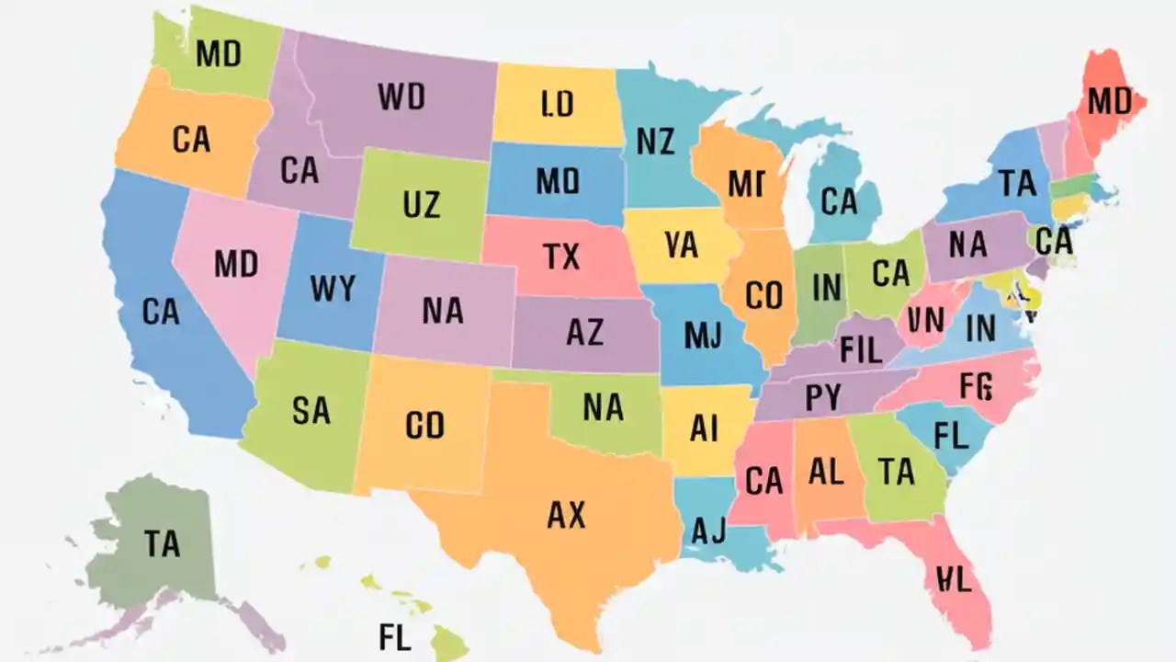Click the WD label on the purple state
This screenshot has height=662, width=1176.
[401, 96]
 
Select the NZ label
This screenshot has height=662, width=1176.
[655, 141]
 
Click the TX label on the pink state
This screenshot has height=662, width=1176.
[561, 257]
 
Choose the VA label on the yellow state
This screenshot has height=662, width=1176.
[681, 245]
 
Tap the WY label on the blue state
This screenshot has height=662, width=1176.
[332, 288]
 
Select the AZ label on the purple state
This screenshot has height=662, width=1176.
[584, 332]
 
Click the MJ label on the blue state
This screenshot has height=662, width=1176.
[703, 336]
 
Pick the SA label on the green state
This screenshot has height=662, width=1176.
[311, 410]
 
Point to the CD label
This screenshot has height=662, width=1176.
[424, 425]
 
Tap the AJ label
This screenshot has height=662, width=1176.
[707, 530]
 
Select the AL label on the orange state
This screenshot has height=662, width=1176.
[825, 472]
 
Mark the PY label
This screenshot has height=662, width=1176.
[822, 398]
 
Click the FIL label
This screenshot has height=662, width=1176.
[860, 349]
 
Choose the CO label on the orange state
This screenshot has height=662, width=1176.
[763, 295]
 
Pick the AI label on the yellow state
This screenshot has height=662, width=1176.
[703, 428]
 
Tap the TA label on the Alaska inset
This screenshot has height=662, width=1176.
[162, 543]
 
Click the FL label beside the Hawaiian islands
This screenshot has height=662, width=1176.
[394, 635]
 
